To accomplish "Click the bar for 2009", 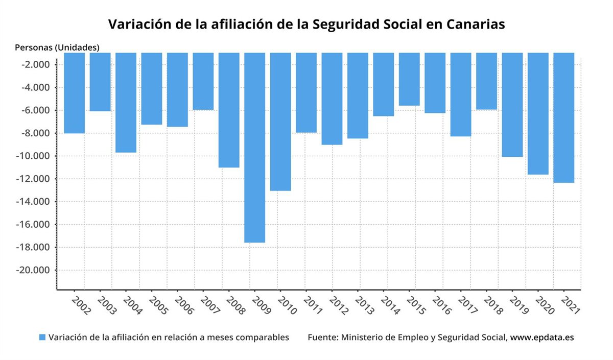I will coord(254,148).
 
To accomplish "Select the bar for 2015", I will coord(409,79).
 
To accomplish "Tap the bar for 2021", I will coord(563,117).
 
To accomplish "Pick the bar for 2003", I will coord(100,82).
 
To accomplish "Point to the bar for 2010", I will coord(280,122).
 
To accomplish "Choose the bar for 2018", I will coord(486,81).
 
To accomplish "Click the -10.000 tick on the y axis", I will coord(34,156).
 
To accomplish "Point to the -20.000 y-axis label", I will coord(34,270).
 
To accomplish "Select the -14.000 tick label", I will coord(34,202).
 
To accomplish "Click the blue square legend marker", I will coord(42,338).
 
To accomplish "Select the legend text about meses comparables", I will coord(169,338).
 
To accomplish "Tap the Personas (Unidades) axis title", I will coord(57,47).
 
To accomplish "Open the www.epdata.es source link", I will coord(542,338).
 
